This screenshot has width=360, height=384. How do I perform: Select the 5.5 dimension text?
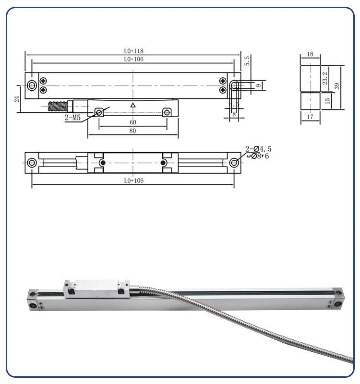point(247,61)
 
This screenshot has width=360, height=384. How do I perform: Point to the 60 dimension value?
point(133,122)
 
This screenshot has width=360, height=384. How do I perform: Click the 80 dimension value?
point(133,131)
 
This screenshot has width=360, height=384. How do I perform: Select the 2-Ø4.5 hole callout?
point(256,149)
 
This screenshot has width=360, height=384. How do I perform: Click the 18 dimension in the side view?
point(310,54)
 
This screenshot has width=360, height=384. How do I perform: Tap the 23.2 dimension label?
point(326,78)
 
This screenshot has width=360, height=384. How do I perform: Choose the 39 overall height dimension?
point(337,86)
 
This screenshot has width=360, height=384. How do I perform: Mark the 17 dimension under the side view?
point(310,116)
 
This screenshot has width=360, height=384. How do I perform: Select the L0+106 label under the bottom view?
point(133,181)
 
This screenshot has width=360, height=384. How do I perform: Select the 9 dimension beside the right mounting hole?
point(258,86)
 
